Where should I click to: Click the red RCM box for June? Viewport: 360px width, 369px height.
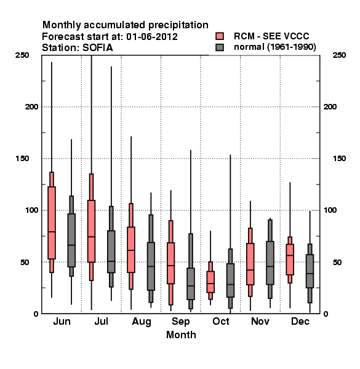pos(52,223)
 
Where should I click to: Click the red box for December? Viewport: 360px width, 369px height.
pos(290,260)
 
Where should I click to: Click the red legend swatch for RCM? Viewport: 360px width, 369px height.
pos(220,36)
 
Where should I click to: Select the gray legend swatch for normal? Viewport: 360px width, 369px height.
pos(220,47)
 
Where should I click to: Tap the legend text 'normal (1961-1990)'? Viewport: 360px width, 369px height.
pos(274,47)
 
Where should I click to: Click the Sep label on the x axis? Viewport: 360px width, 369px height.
pos(180,322)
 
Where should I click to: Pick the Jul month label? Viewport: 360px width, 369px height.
pos(102,321)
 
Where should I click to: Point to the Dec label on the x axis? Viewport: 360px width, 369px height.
pos(300,321)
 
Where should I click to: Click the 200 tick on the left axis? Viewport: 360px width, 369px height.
pos(31,107)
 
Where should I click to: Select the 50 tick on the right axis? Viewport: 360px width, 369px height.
pos(337,262)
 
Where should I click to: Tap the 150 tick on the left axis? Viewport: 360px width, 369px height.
pos(22,159)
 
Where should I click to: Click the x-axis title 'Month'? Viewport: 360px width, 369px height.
pos(181,335)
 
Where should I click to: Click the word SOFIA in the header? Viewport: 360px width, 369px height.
pos(98,48)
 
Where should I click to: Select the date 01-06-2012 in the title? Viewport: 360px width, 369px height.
pos(152,37)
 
